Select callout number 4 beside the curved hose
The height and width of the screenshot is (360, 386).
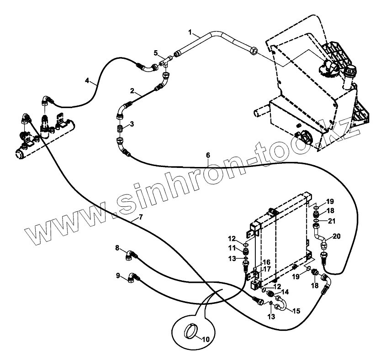[x=87, y=81]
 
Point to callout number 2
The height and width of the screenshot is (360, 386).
[x=132, y=91]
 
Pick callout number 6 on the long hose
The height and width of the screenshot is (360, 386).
[x=208, y=155]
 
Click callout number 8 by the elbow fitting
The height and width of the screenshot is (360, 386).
[x=117, y=248]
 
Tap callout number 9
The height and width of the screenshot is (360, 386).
[x=118, y=275]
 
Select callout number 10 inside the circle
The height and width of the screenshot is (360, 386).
[x=205, y=339]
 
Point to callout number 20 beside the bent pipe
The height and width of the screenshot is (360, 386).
[x=337, y=236]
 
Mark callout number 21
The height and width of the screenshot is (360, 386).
[x=332, y=221]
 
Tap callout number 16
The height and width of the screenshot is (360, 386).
[x=267, y=262]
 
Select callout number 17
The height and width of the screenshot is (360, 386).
[x=267, y=269]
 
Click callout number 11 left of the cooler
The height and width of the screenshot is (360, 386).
[x=233, y=248]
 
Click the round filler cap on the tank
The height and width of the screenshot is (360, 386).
[x=350, y=71]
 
